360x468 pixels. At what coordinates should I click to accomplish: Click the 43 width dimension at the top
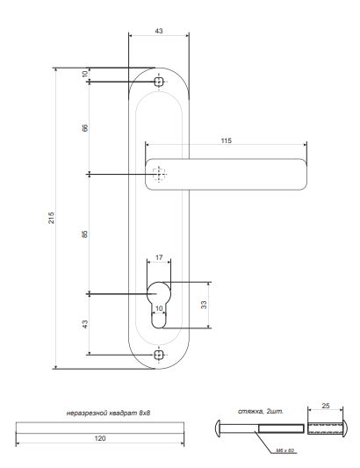pyautogui.click(x=158, y=31)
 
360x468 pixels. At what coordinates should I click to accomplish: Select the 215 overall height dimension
pyautogui.click(x=51, y=217)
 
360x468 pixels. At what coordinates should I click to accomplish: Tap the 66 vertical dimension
pyautogui.click(x=85, y=128)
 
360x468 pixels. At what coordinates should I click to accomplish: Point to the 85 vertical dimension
pyautogui.click(x=85, y=234)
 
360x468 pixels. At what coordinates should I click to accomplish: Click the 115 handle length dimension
pyautogui.click(x=226, y=140)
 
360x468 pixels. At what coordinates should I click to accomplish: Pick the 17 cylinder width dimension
pyautogui.click(x=159, y=257)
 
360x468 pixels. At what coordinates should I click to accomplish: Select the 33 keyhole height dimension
pyautogui.click(x=204, y=305)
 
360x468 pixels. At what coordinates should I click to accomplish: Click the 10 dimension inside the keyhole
pyautogui.click(x=159, y=308)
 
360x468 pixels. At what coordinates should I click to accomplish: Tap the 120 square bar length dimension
pyautogui.click(x=102, y=436)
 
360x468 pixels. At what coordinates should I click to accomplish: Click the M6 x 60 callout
pyautogui.click(x=285, y=449)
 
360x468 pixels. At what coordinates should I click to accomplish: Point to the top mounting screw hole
pyautogui.click(x=159, y=82)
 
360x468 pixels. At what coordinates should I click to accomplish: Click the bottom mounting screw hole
pyautogui.click(x=159, y=355)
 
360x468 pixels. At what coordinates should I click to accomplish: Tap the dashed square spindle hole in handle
pyautogui.click(x=159, y=175)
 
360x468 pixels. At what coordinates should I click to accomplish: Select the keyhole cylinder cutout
pyautogui.click(x=159, y=303)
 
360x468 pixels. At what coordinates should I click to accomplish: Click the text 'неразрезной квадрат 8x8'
pyautogui.click(x=109, y=411)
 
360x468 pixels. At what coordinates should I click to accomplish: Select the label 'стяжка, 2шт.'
pyautogui.click(x=261, y=409)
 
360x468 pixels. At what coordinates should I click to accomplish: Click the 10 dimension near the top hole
pyautogui.click(x=85, y=75)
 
